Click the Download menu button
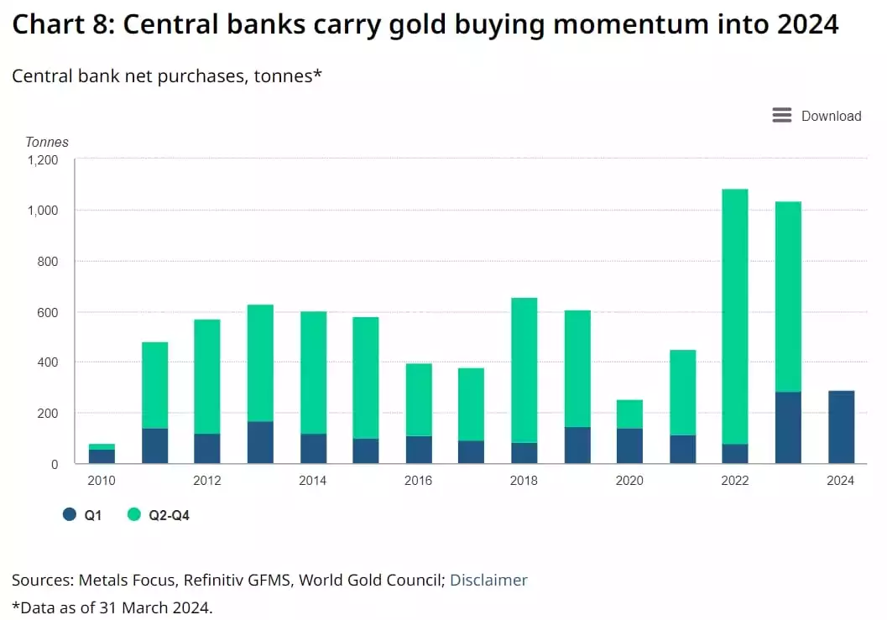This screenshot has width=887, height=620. tap(817, 116)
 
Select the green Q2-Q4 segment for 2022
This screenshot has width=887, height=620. tap(735, 316)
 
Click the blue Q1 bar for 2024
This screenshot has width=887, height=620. tap(841, 427)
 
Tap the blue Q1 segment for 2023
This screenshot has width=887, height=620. tap(788, 428)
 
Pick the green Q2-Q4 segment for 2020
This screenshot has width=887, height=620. tap(629, 414)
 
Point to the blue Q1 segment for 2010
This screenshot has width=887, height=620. tap(102, 456)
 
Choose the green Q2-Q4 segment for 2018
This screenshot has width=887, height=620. tap(524, 370)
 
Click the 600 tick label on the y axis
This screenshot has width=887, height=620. tap(47, 312)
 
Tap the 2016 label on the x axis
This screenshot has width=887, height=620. tap(418, 481)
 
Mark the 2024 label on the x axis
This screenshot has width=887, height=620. tap(841, 481)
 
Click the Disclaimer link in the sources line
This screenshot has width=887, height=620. tap(488, 580)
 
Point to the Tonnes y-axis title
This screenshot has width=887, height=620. tap(47, 142)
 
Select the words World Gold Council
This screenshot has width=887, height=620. tap(370, 580)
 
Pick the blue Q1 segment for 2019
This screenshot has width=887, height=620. tap(577, 445)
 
